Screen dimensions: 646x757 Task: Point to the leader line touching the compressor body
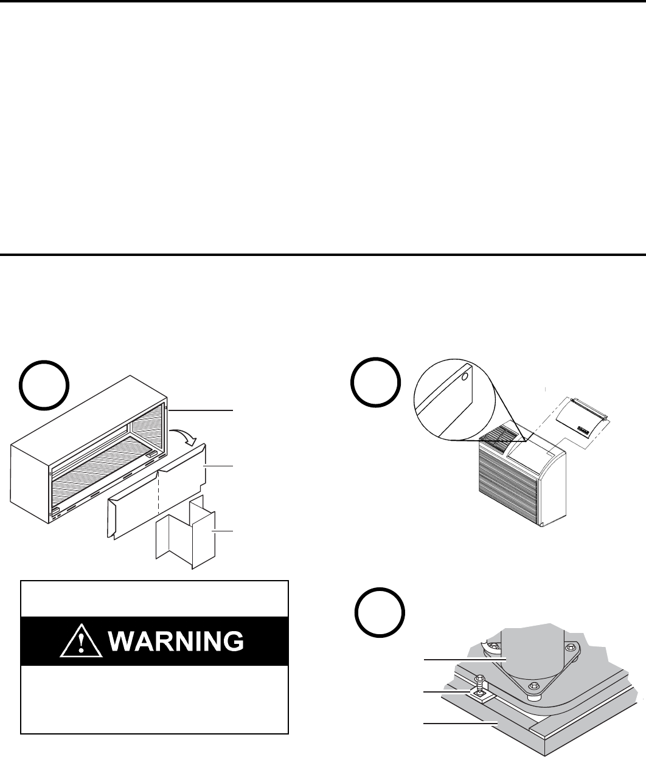pos(462,658)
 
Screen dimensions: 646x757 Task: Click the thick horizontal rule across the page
pos(323,254)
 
